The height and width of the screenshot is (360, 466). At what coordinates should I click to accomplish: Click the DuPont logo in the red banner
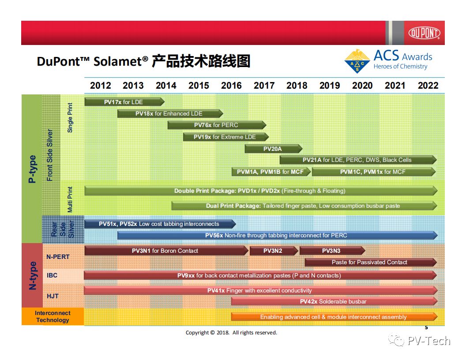(424, 33)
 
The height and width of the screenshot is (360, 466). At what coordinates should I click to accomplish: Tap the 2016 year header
(231, 86)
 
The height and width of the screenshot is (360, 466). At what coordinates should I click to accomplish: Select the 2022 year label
(428, 86)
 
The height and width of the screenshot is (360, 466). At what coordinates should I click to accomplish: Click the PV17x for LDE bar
(124, 102)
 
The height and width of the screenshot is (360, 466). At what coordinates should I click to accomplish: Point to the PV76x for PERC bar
(217, 125)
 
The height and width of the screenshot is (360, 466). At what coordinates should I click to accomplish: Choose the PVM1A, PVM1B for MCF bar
(271, 172)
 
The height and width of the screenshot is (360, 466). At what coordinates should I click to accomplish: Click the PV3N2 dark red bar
(274, 251)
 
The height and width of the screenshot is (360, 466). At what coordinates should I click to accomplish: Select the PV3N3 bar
(332, 251)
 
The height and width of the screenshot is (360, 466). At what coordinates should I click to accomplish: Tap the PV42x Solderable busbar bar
(334, 301)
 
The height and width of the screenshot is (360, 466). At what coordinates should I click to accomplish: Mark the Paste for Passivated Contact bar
(371, 262)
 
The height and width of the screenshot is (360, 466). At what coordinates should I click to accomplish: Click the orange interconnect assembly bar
(334, 317)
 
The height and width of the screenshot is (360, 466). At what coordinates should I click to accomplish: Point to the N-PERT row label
(58, 257)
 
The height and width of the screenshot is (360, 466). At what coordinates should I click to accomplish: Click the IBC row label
(52, 275)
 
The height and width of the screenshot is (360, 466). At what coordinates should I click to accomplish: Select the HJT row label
(53, 296)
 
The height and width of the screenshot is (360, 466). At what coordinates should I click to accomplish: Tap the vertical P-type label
(32, 169)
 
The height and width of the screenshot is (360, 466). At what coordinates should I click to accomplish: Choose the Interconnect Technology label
(53, 316)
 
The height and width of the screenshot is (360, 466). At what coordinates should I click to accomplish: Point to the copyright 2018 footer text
(231, 333)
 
